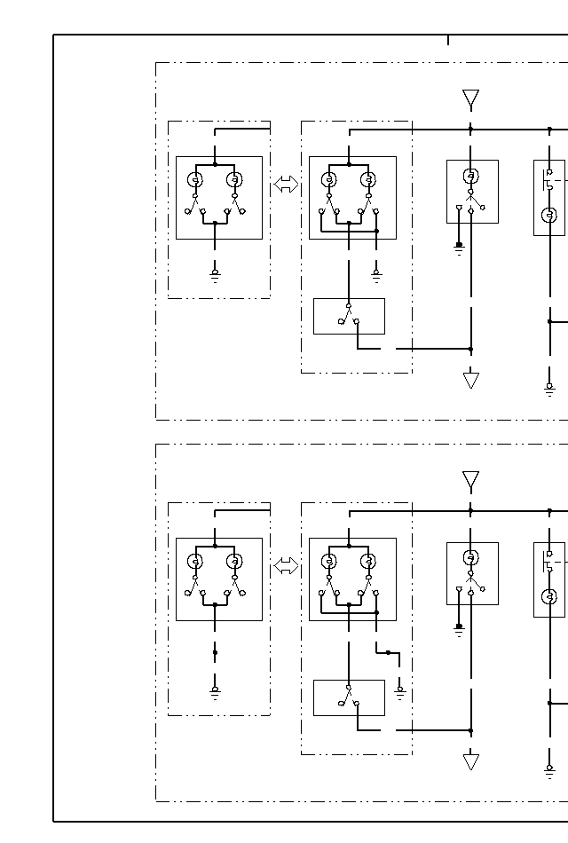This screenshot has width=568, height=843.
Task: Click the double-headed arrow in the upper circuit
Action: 286,185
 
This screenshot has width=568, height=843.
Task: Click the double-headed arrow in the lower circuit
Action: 286,566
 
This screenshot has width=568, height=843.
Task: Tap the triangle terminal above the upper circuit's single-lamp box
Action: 471,98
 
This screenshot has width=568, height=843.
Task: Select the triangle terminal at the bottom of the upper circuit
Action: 471,381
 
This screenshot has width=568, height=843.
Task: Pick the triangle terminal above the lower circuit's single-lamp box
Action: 471,480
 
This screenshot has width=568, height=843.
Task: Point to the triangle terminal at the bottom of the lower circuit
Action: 471,762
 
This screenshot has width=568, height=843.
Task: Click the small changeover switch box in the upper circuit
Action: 349,316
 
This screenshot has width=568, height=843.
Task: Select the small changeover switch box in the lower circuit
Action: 349,697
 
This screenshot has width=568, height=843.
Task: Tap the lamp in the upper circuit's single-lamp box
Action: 471,175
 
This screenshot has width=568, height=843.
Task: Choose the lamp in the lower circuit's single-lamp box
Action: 471,557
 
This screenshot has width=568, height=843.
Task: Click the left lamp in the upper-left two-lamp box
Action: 195,180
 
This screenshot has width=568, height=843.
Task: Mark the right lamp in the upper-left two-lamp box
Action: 234,180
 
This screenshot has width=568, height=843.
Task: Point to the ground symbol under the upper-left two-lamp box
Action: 215,276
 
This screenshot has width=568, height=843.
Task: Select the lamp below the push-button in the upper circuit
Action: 549,215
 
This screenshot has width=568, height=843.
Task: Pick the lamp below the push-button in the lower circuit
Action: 549,596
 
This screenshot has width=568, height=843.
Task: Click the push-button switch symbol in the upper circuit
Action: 549,180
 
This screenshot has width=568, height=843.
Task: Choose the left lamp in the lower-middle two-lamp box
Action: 328,561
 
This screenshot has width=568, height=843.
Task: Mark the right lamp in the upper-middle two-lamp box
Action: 368,180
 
